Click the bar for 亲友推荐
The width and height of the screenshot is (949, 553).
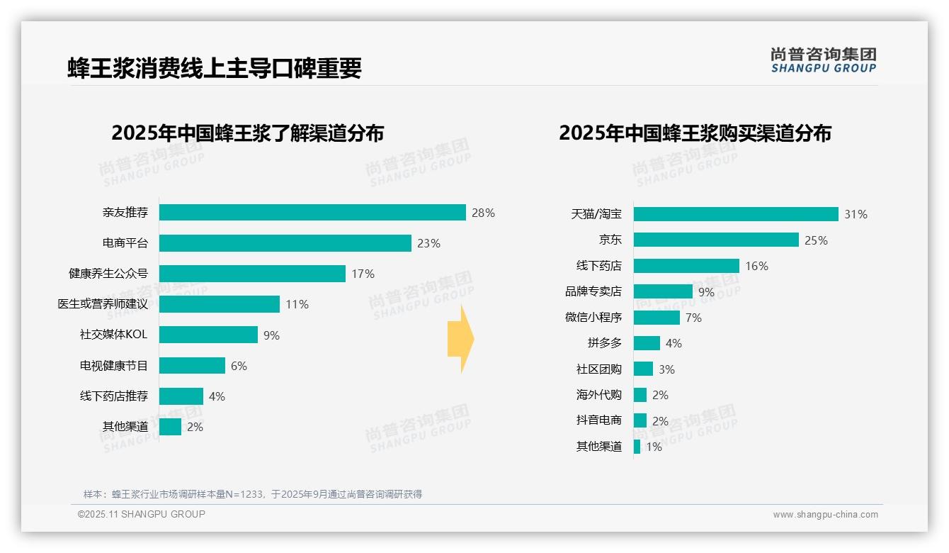click(312, 213)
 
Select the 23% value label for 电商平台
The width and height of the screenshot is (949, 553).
click(428, 243)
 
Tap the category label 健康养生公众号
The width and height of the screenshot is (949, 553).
click(108, 274)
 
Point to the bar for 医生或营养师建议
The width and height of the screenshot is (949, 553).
click(220, 304)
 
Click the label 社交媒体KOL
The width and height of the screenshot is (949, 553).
click(113, 335)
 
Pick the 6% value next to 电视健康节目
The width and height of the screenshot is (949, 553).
click(239, 366)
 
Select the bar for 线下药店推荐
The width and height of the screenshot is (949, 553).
click(181, 396)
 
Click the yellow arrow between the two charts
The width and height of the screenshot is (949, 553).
click(461, 339)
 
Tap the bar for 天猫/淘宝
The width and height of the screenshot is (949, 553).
click(736, 214)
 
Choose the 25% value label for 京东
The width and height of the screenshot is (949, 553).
click(816, 240)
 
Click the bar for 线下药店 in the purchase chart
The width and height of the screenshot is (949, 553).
click(686, 266)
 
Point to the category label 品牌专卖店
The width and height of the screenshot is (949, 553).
click(593, 291)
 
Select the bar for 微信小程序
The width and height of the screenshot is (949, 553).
click(657, 318)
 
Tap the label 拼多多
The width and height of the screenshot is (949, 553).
click(604, 343)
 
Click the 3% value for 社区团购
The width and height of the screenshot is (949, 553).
click(666, 369)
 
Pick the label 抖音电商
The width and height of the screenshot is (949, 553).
click(598, 420)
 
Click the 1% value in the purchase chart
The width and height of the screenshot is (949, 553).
click(654, 447)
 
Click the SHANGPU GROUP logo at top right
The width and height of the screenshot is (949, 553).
click(823, 60)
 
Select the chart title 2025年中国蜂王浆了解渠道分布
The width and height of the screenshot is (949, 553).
click(247, 133)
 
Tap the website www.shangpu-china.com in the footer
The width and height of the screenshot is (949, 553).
click(825, 515)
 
